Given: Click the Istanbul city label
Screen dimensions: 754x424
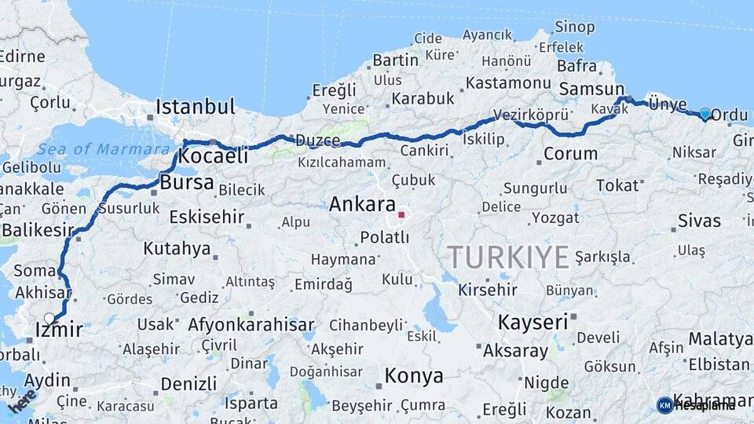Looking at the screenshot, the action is tap(196, 107).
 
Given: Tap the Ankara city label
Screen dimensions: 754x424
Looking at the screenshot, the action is tap(361, 205).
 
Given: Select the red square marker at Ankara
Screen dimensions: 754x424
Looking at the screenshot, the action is tap(401, 214).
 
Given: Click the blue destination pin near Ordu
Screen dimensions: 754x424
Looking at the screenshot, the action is tap(705, 115).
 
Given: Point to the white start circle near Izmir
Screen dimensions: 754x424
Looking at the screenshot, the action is tap(49, 319).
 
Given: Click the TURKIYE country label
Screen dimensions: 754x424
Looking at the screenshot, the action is tap(508, 257).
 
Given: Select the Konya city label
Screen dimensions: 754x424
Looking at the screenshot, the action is tap(414, 376).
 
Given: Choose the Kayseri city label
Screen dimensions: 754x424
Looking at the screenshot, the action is tap(533, 322).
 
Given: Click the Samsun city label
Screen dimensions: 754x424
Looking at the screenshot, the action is tap(591, 90).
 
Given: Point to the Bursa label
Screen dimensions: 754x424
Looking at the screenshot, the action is tap(186, 183).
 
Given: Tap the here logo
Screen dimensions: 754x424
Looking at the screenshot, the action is tap(21, 401).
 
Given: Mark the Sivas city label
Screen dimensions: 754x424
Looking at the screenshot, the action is tap(699, 221).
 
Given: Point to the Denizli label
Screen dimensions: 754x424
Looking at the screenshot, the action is tap(188, 384).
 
